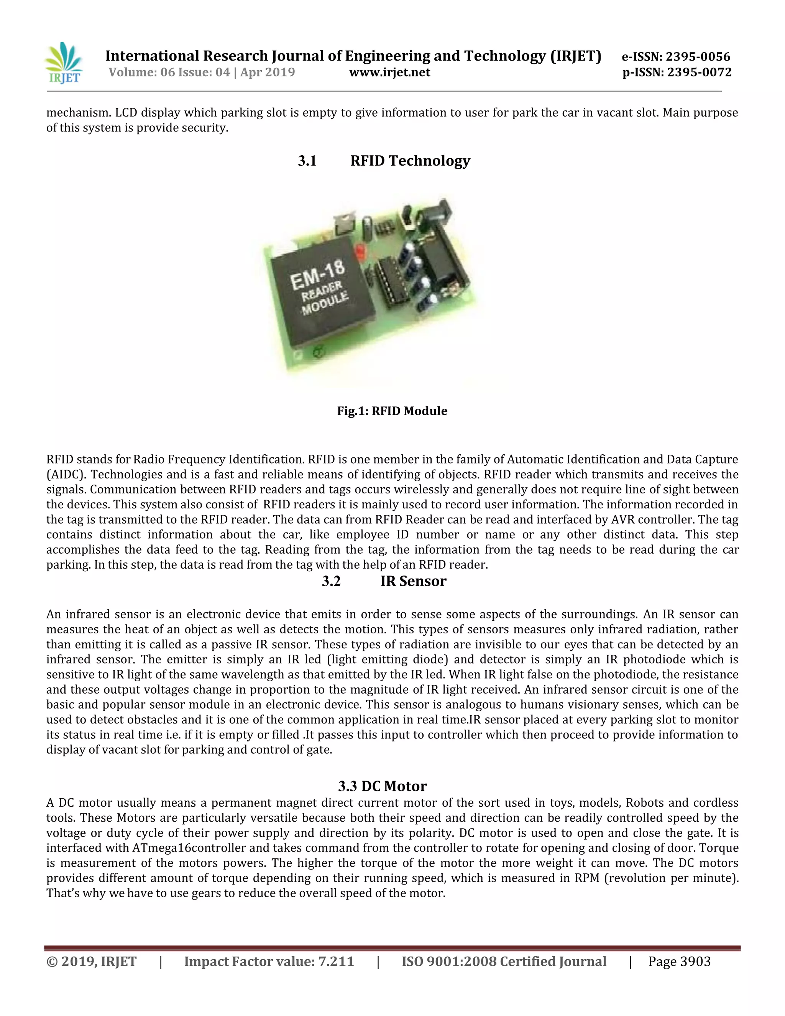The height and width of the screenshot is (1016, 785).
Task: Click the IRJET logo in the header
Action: point(64,63)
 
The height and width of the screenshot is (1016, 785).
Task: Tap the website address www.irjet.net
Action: point(389,72)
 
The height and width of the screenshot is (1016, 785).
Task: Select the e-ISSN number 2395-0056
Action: point(698,57)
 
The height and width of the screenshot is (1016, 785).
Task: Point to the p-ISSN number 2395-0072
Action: point(699,72)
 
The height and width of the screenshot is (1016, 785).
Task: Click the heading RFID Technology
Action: point(410,161)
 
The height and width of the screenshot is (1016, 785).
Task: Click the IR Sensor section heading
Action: point(413,582)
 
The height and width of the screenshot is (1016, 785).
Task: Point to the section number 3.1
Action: point(307,161)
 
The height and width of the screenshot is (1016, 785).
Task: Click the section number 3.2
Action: point(331,582)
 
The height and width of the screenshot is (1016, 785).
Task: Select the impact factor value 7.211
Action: point(336,962)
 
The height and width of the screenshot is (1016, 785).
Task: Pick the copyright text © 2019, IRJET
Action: point(91,962)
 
